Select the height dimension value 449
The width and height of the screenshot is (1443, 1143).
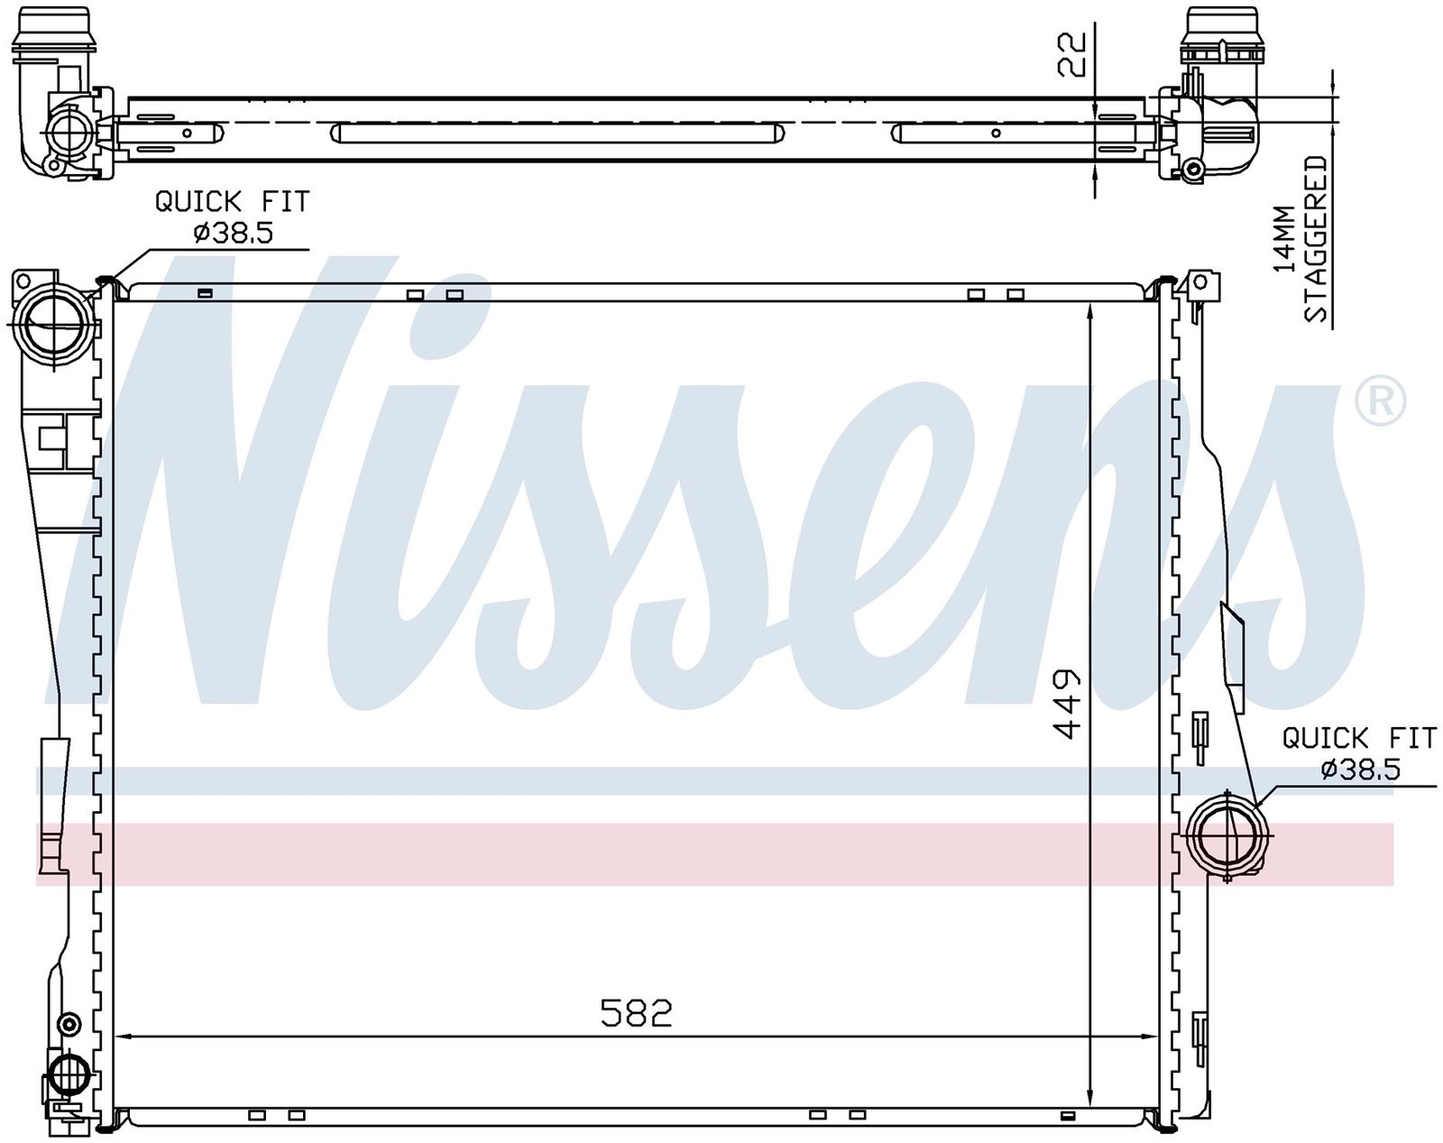pyautogui.click(x=1065, y=702)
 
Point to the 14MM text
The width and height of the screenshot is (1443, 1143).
pyautogui.click(x=1285, y=240)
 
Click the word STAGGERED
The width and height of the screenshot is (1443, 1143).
pyautogui.click(x=1314, y=239)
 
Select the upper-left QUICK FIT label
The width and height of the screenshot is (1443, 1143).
pyautogui.click(x=233, y=201)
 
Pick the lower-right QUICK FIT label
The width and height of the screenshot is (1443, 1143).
pyautogui.click(x=1360, y=739)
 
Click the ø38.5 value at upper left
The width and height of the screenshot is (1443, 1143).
pyautogui.click(x=233, y=233)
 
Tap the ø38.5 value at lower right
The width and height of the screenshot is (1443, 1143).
pyautogui.click(x=1361, y=770)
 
